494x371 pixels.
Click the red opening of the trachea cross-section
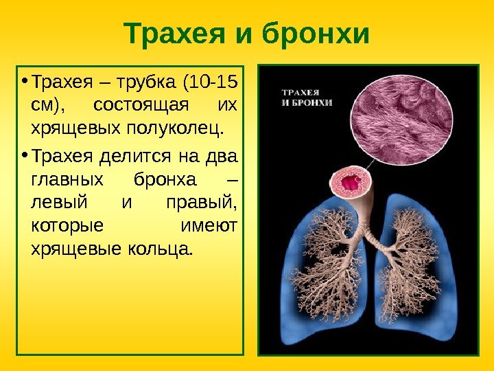coord(352,183)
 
